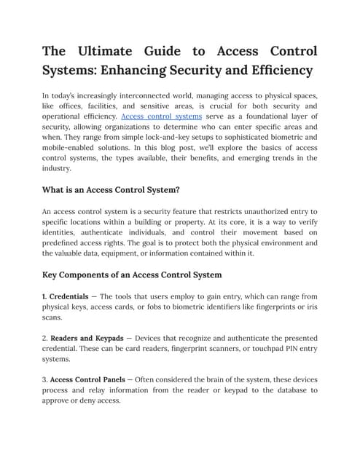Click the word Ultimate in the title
[106, 51]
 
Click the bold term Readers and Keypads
[93, 339]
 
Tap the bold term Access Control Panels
[92, 380]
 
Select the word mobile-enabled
[75, 147]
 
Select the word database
[273, 390]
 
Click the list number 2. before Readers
[45, 339]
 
